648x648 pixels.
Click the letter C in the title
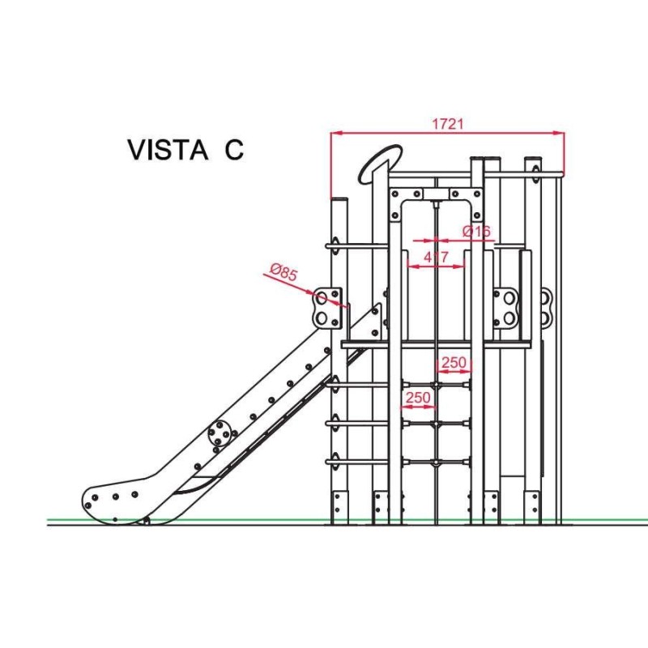pyautogui.click(x=233, y=151)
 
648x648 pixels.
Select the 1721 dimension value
pyautogui.click(x=447, y=124)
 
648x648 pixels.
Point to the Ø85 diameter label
pyautogui.click(x=283, y=273)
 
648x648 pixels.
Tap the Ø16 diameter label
pyautogui.click(x=476, y=232)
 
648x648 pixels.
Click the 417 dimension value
pyautogui.click(x=437, y=258)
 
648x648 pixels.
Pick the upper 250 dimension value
pyautogui.click(x=454, y=363)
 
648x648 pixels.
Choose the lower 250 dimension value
pyautogui.click(x=418, y=398)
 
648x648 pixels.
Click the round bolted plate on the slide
pyautogui.click(x=220, y=433)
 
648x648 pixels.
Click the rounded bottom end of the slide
pyautogui.click(x=113, y=502)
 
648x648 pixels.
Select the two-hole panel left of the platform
pyautogui.click(x=326, y=307)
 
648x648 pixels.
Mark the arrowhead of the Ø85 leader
pyautogui.click(x=346, y=306)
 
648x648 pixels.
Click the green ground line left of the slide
pyautogui.click(x=65, y=519)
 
